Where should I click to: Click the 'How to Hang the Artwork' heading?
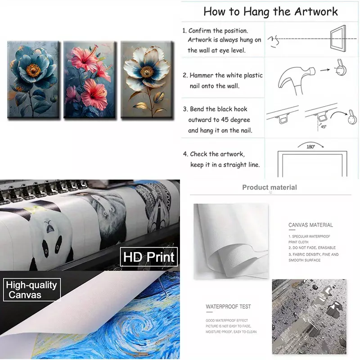point(270,12)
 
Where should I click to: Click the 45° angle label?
point(324,126)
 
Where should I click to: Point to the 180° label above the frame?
point(310,147)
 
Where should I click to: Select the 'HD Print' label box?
point(149,256)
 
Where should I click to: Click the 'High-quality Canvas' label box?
point(31,289)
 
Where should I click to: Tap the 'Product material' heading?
point(270,187)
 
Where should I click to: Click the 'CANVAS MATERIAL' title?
point(310,225)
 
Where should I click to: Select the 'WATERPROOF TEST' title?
point(228,306)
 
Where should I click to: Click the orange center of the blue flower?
point(33,70)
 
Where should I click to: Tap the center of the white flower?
point(147,72)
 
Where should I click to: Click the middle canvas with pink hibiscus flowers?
point(90,80)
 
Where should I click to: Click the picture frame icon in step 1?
point(338,38)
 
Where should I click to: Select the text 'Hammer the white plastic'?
point(226,75)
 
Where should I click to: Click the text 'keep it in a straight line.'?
point(225,165)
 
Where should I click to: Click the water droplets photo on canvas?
point(309,317)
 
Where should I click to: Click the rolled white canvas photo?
point(231,241)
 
